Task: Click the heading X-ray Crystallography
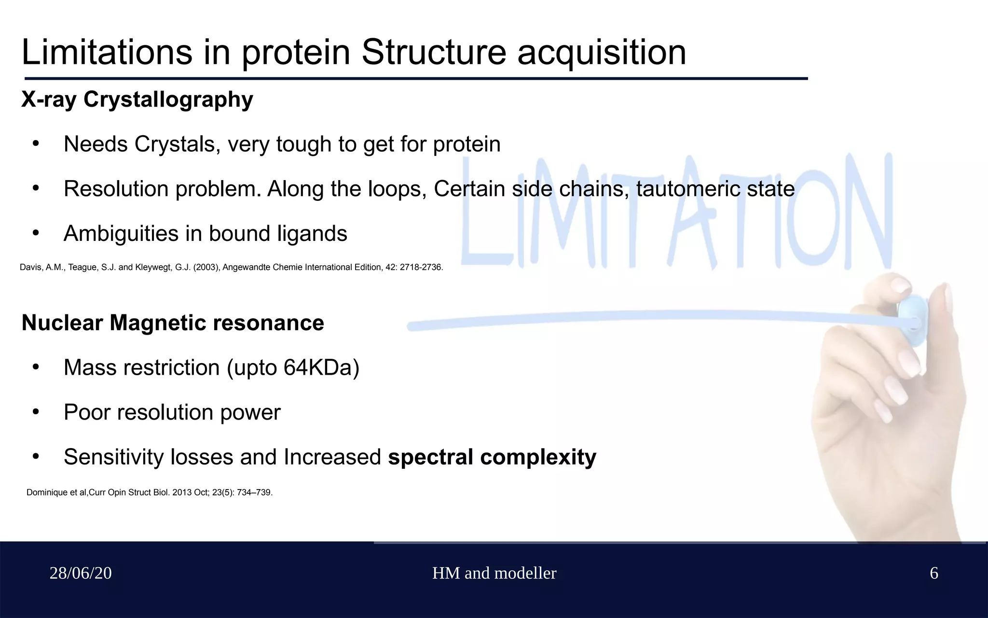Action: [137, 99]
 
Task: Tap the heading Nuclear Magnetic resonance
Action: [173, 323]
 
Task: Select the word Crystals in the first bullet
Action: [175, 144]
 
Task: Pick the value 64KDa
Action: [321, 367]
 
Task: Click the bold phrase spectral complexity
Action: [492, 457]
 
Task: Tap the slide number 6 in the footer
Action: [933, 573]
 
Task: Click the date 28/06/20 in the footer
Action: [81, 573]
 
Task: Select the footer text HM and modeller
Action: [494, 573]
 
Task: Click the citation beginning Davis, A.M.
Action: [231, 267]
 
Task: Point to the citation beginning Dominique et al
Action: [150, 492]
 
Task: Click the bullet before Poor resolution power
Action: [36, 412]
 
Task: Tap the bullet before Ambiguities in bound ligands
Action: [36, 234]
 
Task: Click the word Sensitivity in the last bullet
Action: [113, 457]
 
